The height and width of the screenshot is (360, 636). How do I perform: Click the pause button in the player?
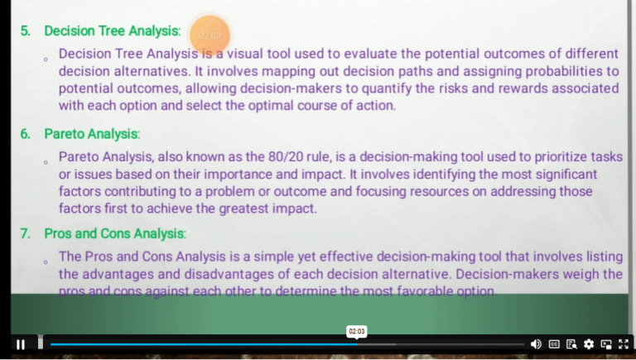coord(21,344)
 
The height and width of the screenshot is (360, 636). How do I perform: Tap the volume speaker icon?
coord(536,344)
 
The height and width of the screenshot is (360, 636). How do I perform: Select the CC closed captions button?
coord(554,344)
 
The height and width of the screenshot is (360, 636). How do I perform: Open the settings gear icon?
coord(589,344)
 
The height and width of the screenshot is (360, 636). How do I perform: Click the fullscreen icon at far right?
coord(624,344)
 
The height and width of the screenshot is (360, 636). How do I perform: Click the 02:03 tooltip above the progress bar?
coord(356,331)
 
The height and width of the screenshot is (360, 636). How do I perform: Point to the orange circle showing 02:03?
coord(210,36)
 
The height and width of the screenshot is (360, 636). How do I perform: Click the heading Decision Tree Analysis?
coord(112,31)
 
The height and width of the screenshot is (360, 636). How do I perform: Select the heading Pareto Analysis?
coord(91,133)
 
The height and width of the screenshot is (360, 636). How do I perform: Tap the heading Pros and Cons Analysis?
coord(114,233)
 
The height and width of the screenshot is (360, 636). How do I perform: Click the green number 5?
coord(25,31)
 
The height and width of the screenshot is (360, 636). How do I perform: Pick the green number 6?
coord(25,133)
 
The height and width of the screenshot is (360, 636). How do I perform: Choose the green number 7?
coord(25,233)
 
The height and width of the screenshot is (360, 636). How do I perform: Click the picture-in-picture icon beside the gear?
coord(606,344)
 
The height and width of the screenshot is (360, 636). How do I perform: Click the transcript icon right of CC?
coord(571,344)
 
